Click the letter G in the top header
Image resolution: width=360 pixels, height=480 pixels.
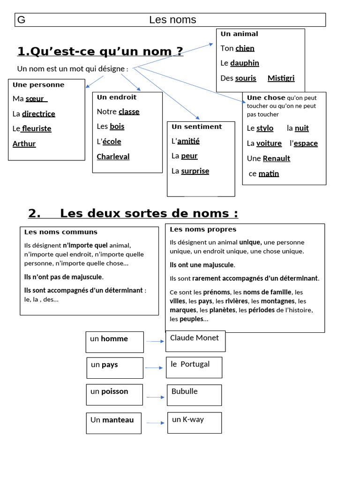(x=21, y=20)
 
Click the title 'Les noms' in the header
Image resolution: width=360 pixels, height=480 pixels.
(x=172, y=20)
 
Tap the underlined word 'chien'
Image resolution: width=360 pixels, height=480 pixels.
(x=245, y=48)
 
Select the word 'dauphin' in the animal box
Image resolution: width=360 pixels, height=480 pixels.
(x=244, y=63)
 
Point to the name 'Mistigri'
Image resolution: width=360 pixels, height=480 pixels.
(x=281, y=78)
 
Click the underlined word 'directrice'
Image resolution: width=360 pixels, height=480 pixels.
(x=38, y=113)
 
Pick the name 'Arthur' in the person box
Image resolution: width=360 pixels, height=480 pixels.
(x=24, y=143)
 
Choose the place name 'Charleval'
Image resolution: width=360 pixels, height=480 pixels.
(x=113, y=157)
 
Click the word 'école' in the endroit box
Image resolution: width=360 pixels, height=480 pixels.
(x=112, y=142)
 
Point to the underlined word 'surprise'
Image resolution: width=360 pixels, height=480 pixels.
(x=195, y=171)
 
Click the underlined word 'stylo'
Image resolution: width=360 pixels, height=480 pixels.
(x=265, y=128)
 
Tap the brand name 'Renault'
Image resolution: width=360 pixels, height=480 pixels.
(x=276, y=158)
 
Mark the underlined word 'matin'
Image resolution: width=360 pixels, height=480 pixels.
(x=269, y=174)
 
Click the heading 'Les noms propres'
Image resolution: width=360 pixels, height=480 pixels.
(x=202, y=229)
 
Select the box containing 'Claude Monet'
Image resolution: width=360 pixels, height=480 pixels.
(x=195, y=341)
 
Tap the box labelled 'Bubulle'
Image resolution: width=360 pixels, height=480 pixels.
(x=194, y=395)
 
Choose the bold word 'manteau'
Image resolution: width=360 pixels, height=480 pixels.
(x=118, y=420)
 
